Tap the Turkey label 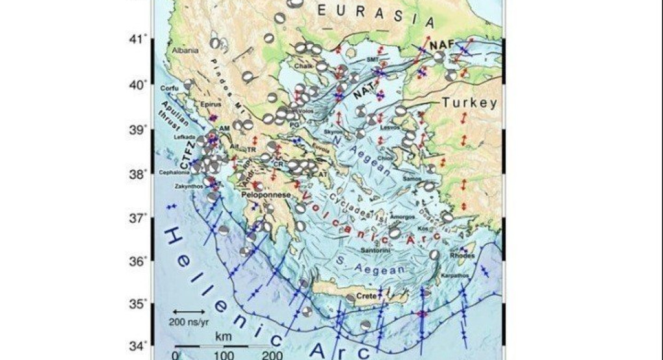point(469,103)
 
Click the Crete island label point(367,296)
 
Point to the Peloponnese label point(261,194)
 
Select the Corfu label point(170,88)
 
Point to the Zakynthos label point(188,186)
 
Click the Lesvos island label point(388,127)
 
